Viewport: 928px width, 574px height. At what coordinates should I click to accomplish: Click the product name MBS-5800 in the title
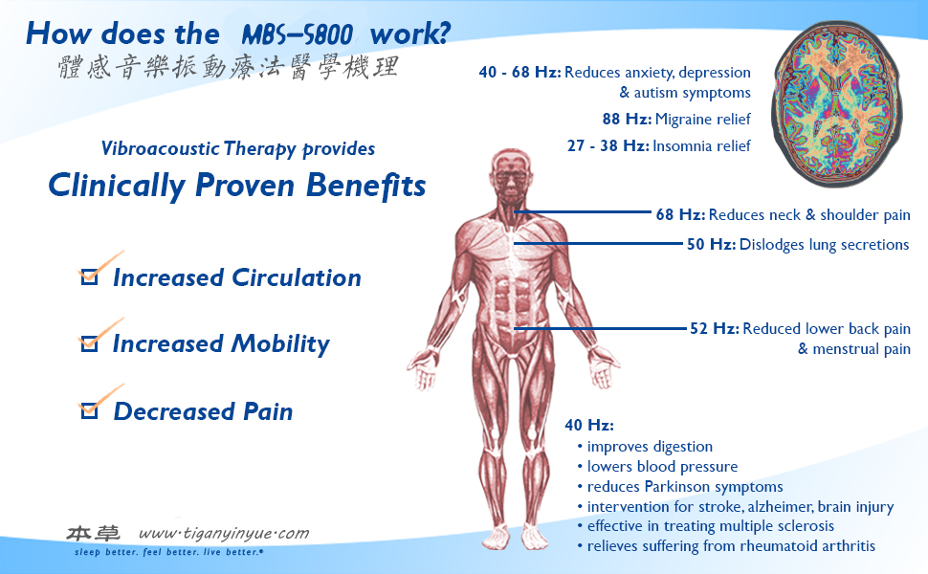point(298,34)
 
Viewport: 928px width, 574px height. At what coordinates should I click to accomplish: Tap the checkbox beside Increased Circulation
point(89,276)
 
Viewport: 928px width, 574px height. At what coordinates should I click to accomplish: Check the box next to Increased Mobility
point(89,343)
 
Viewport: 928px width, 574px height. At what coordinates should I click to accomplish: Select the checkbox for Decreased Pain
point(89,410)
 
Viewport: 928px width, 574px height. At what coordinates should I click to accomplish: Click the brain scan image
point(837,103)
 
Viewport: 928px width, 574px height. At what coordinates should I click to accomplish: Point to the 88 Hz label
point(627,119)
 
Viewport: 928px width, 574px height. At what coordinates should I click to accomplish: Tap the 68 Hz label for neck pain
point(680,214)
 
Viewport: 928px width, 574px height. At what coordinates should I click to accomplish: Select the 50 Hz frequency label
point(711,244)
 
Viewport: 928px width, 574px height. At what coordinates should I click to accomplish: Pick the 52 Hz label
point(715,328)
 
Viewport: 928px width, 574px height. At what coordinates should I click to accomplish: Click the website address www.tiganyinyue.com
point(224,533)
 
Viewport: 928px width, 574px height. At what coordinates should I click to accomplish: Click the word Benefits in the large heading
point(365,185)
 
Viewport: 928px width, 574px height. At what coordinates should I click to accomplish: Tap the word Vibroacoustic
point(160,148)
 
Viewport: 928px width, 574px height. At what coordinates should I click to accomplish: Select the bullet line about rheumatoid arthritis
point(726,545)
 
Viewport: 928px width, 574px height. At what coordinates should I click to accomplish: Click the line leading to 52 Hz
point(600,328)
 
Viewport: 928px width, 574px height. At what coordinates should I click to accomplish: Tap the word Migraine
point(683,120)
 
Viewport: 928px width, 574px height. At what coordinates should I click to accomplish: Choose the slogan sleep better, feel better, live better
point(168,552)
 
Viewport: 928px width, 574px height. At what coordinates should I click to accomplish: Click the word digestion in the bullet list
point(683,447)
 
